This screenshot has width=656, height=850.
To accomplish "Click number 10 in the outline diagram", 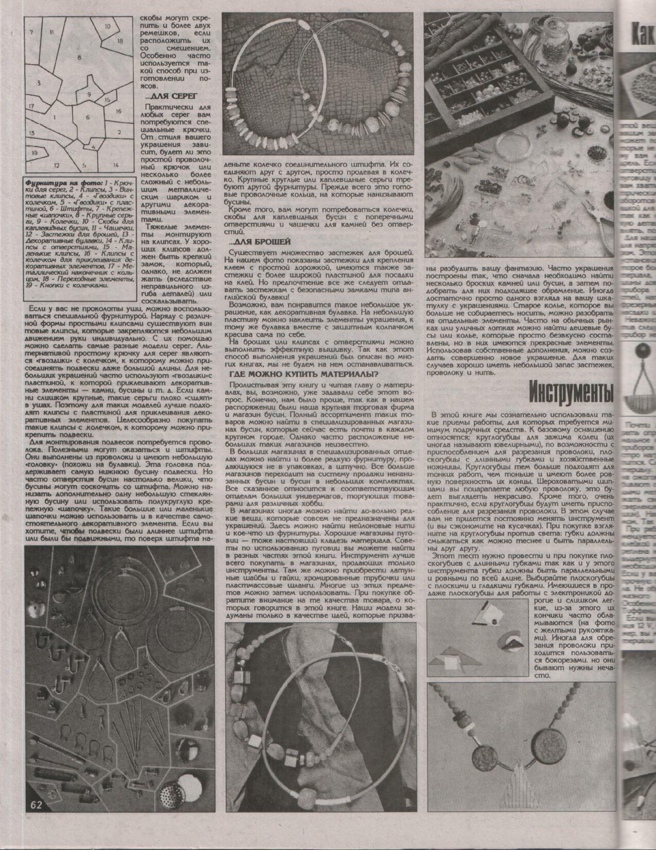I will coord(108,26).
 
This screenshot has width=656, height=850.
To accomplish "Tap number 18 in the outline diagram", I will coord(120,40).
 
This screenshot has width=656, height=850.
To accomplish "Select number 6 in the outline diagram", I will coord(87,117).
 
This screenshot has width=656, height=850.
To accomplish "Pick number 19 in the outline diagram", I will coord(34,153).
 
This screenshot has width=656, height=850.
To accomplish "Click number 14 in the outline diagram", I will coord(116,165).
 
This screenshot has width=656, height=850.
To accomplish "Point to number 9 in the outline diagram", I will coord(89,94).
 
